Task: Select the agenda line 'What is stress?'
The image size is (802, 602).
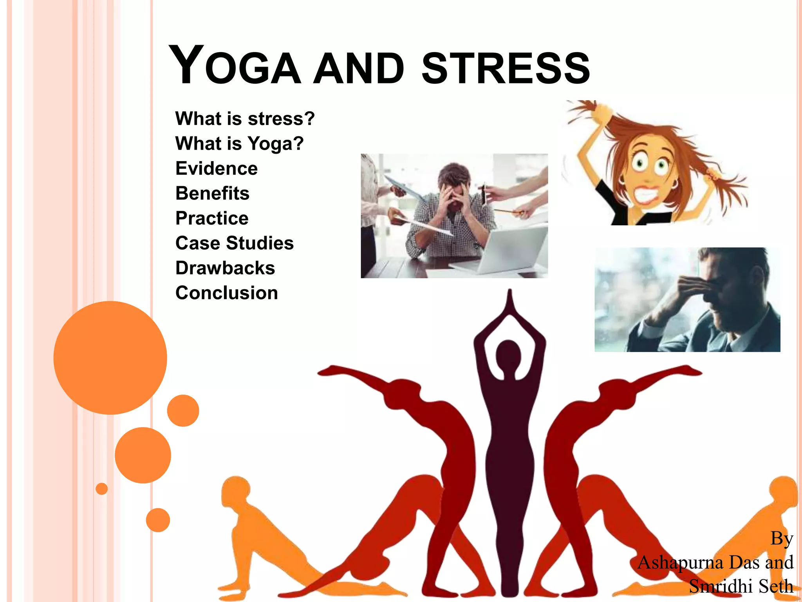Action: (x=245, y=118)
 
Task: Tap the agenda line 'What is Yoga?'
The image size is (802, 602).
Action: (x=239, y=143)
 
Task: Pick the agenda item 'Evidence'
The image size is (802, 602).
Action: (x=217, y=169)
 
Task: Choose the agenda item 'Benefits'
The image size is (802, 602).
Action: (x=212, y=193)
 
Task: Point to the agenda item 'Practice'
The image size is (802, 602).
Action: (x=212, y=218)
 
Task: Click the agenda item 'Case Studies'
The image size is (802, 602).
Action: (x=235, y=243)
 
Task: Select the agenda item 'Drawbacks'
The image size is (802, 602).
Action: (x=225, y=268)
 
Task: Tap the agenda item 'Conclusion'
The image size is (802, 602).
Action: (x=227, y=293)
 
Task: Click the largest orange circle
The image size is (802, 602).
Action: (x=110, y=357)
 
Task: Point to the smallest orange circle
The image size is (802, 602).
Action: (x=101, y=489)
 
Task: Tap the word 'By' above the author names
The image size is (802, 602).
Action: (x=782, y=539)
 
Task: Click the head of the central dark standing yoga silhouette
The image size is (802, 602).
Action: (x=508, y=353)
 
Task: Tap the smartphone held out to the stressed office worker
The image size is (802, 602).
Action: (x=484, y=194)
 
